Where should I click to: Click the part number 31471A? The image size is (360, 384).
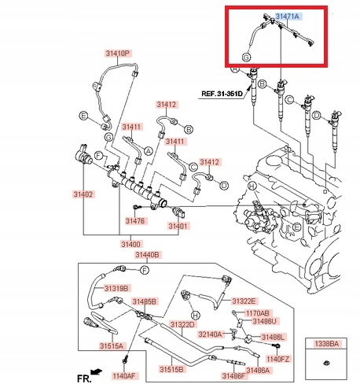pyautogui.click(x=288, y=16)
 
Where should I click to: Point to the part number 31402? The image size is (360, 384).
pyautogui.click(x=83, y=194)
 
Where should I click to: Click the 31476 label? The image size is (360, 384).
pyautogui.click(x=135, y=221)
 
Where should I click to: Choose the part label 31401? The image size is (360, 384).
pyautogui.click(x=178, y=227)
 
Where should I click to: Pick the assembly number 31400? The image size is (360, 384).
pyautogui.click(x=131, y=245)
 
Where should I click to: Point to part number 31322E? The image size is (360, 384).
pyautogui.click(x=243, y=301)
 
